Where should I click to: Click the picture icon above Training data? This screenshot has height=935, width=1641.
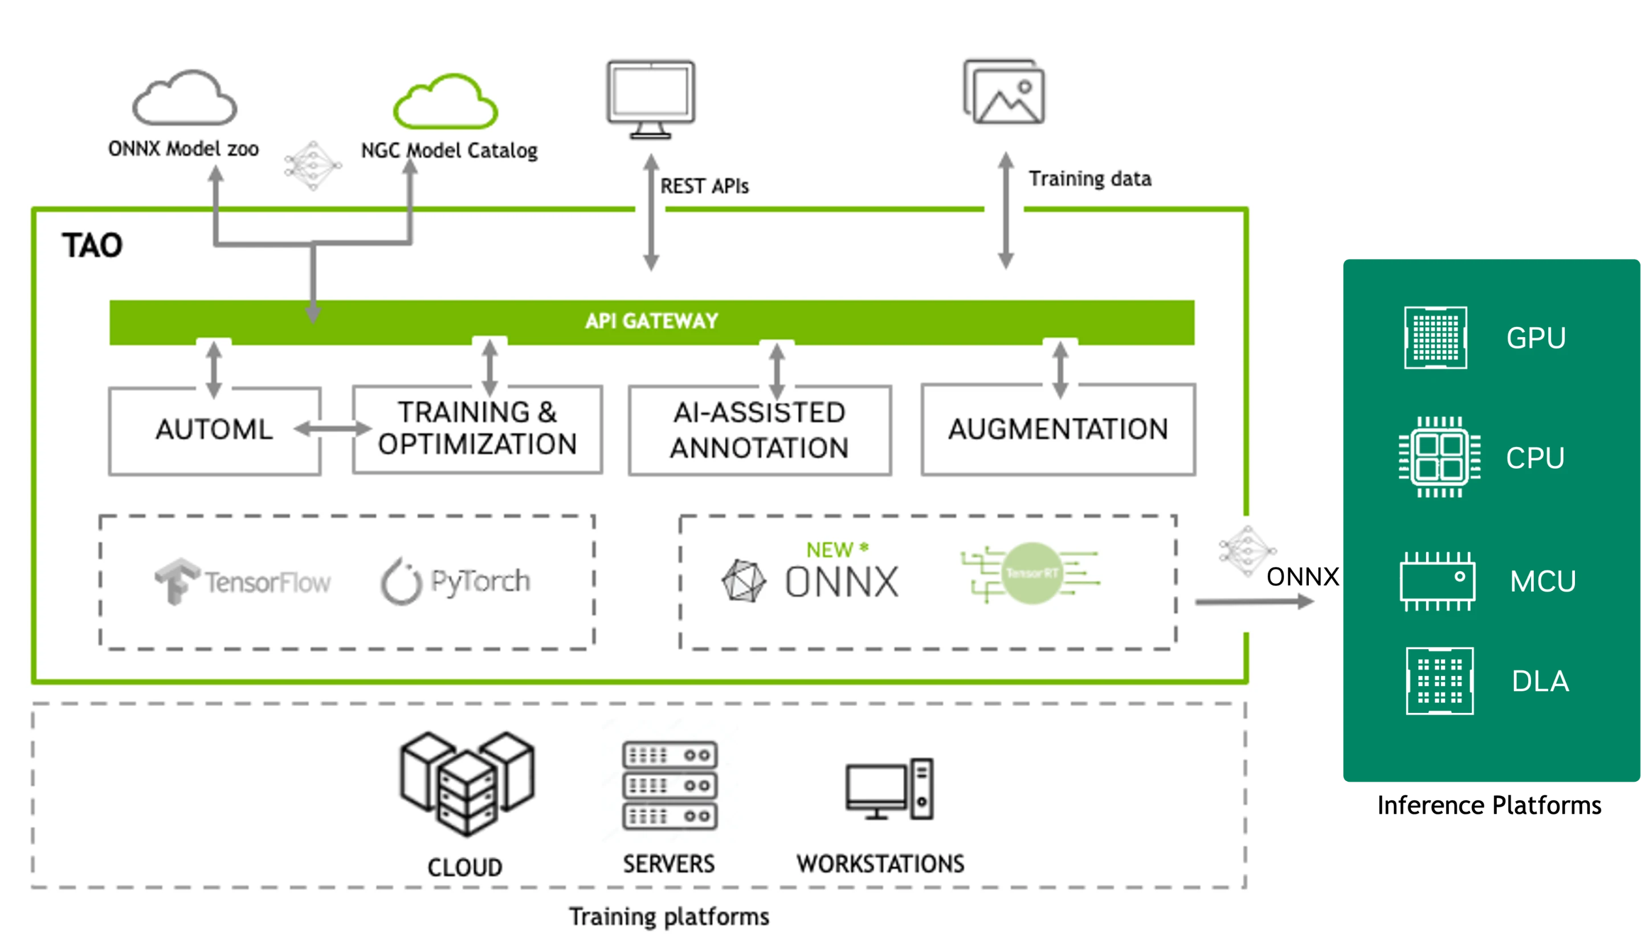[x=1005, y=93]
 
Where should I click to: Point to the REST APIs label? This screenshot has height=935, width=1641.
[x=704, y=186]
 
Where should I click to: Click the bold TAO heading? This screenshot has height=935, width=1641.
[x=92, y=245]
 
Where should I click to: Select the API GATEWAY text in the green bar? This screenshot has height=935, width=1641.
[x=651, y=321]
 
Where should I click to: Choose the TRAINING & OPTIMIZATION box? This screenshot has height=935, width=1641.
[x=477, y=428]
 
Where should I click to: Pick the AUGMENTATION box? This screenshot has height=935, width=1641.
[x=1058, y=429]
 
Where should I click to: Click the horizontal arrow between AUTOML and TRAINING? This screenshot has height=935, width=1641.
[x=332, y=428]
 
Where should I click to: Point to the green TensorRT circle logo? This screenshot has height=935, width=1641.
[x=1031, y=573]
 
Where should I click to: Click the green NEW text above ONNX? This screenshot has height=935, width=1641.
[x=830, y=549]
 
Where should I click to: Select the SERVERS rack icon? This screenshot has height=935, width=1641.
[x=670, y=785]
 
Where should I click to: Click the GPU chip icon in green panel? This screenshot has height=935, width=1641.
[x=1435, y=338]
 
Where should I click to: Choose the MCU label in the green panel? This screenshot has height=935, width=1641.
[x=1542, y=581]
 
